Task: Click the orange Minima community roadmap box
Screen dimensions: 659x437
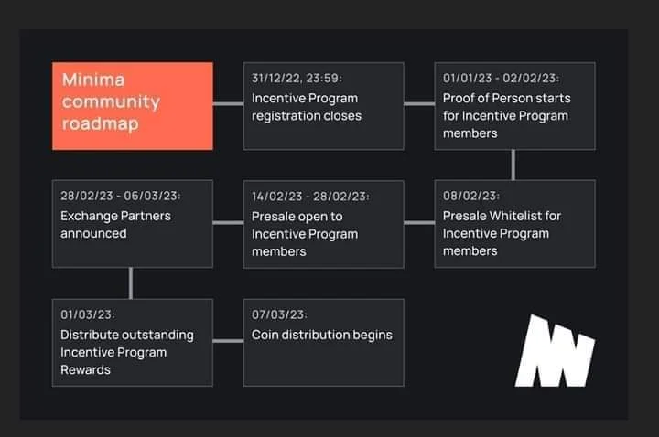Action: point(133,106)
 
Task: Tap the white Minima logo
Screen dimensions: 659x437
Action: point(556,350)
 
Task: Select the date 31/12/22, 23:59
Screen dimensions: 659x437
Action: point(297,78)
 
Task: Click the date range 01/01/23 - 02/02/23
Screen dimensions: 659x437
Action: point(501,78)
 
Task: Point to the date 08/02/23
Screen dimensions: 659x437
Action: point(470,196)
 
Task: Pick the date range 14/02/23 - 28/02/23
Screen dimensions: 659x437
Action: point(310,197)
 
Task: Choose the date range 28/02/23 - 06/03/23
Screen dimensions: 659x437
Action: point(120,196)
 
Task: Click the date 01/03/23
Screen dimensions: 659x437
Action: point(88,314)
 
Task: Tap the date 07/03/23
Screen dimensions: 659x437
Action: point(279,314)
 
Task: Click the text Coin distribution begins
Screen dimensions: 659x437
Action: point(322,335)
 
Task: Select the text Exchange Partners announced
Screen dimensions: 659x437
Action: point(115,225)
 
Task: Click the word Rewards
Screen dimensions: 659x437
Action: point(85,370)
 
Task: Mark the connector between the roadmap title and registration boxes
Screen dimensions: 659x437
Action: point(228,103)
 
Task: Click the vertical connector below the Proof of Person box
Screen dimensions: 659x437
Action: point(513,165)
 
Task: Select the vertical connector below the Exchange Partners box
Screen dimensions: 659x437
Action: point(131,283)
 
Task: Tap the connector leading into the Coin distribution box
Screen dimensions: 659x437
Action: point(228,341)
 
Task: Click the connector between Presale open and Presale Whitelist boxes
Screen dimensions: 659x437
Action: point(419,222)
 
